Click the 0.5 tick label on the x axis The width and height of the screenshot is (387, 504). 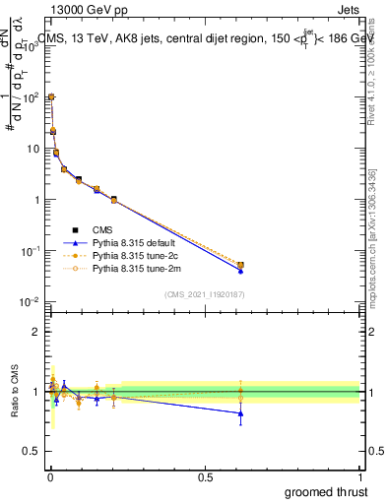pyautogui.click(x=205, y=477)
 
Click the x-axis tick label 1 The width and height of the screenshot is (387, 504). pyautogui.click(x=359, y=477)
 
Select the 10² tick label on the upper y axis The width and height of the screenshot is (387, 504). pyautogui.click(x=28, y=97)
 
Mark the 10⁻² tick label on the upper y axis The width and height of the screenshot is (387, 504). pyautogui.click(x=27, y=302)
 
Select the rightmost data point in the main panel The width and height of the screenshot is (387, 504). pyautogui.click(x=241, y=265)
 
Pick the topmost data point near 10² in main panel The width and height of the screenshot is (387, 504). pyautogui.click(x=51, y=97)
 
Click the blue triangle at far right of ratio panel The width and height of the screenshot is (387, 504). pyautogui.click(x=241, y=413)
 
